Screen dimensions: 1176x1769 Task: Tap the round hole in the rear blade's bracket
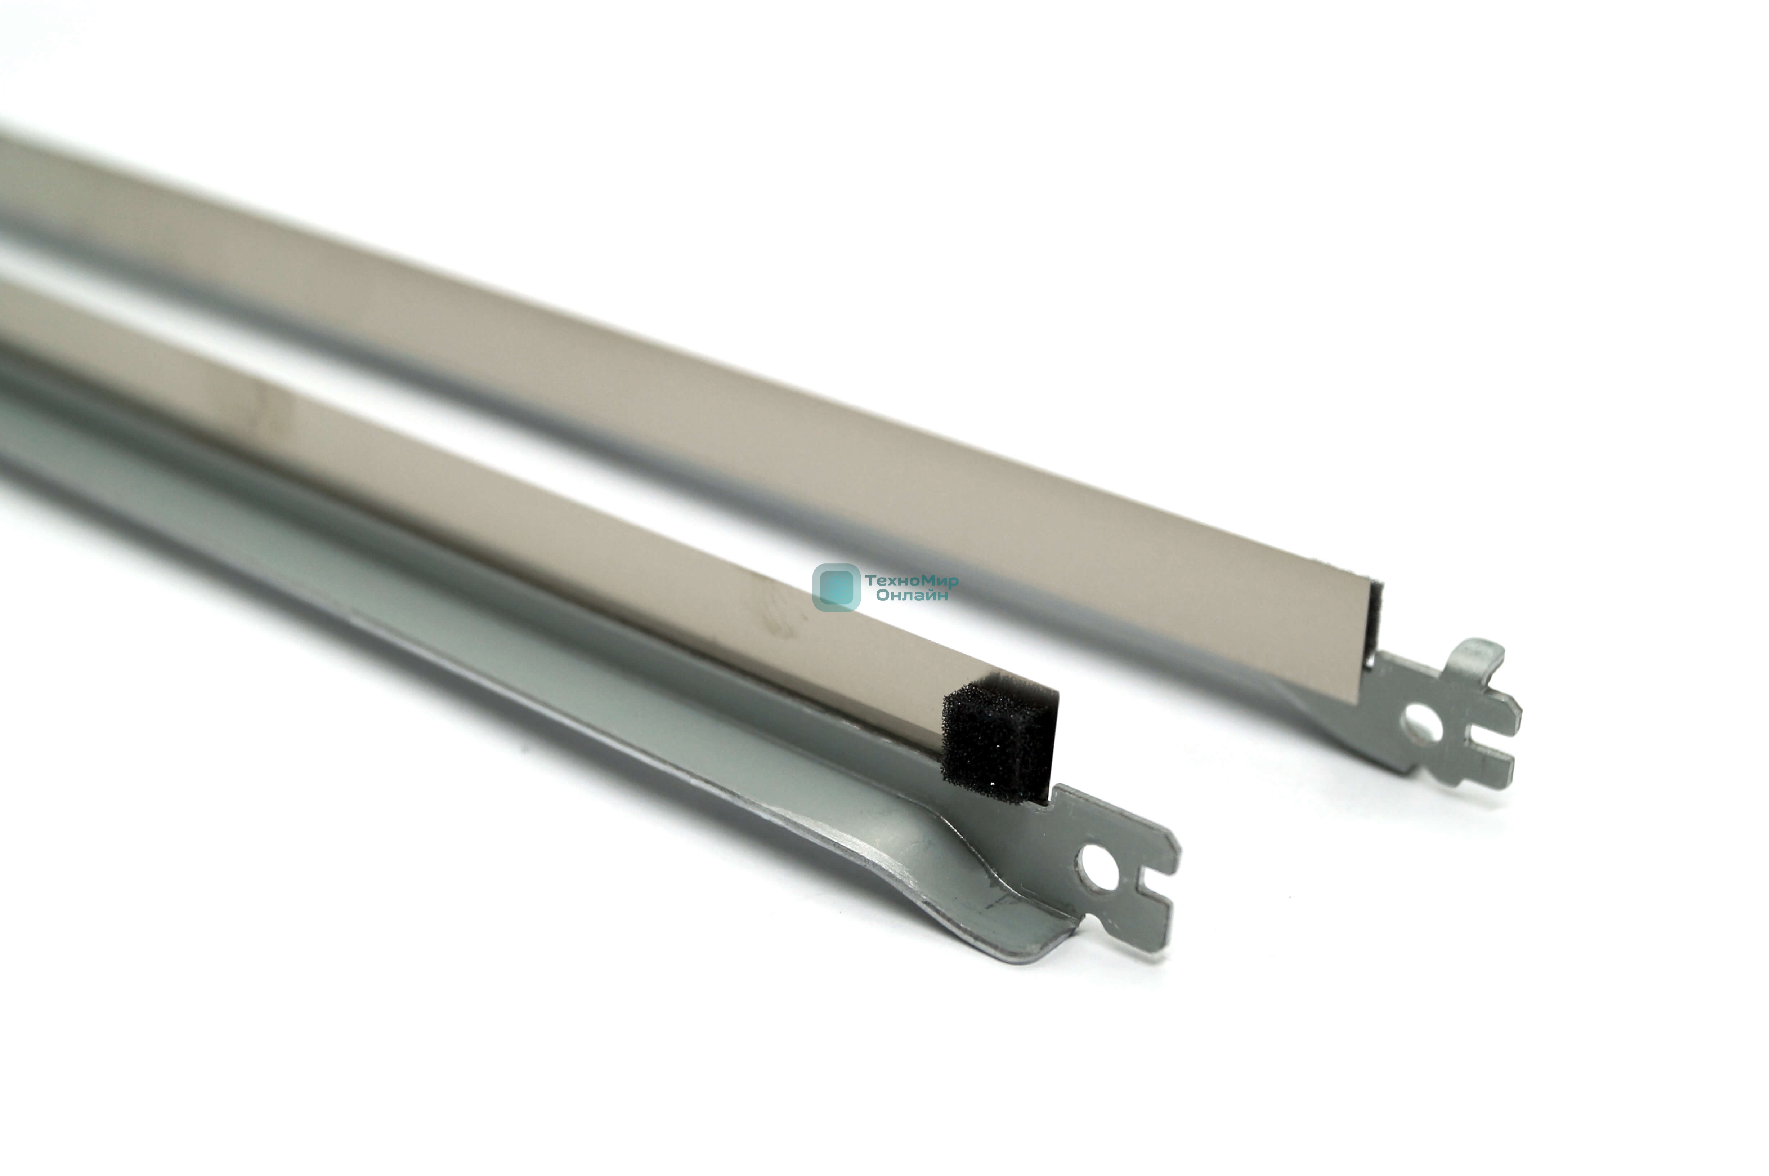point(1420,724)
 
